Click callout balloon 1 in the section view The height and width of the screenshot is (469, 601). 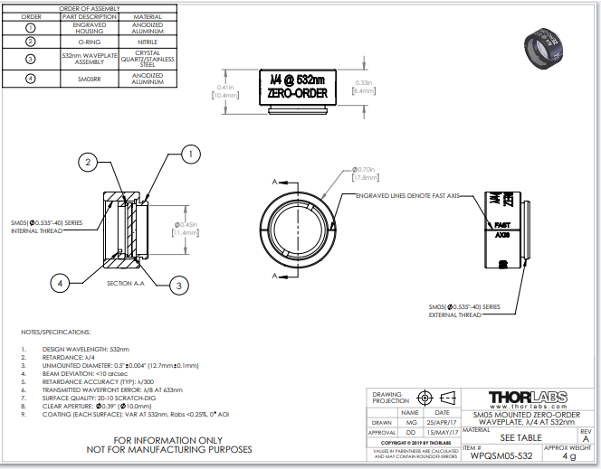click(190, 155)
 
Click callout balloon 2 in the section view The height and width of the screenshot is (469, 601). click(87, 163)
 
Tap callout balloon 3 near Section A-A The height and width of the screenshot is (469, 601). click(179, 286)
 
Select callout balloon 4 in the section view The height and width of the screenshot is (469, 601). click(61, 283)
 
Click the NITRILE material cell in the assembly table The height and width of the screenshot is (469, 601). click(148, 41)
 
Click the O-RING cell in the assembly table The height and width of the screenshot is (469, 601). click(90, 41)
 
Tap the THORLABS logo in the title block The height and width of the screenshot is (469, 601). click(529, 398)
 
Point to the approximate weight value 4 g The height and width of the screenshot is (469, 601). click(568, 456)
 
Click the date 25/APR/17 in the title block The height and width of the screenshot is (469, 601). click(442, 422)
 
